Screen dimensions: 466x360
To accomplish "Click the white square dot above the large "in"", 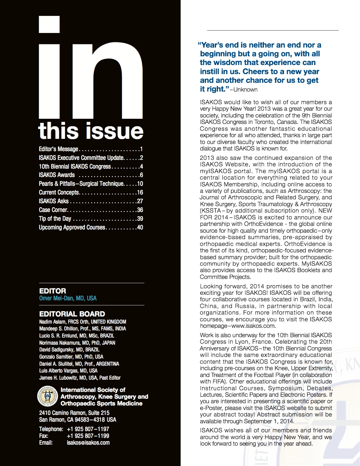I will point(49,25).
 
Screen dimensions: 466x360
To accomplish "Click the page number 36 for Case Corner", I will point(140,210).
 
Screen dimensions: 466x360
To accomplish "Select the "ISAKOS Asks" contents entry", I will point(54,201).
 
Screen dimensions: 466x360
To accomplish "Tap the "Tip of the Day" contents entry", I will point(55,218).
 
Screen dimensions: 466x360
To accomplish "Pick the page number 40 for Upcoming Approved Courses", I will point(140,227).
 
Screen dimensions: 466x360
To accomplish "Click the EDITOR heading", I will point(52,291).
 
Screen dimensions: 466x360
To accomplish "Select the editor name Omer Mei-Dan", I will point(68,298).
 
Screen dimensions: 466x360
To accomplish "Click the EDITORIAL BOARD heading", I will point(72,314).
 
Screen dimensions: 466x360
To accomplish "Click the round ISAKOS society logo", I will point(48,396).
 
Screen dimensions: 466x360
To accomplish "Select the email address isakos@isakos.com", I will point(88,443).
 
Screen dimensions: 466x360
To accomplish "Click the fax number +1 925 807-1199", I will point(88,436).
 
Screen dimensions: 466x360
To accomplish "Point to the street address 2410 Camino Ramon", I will point(62,413).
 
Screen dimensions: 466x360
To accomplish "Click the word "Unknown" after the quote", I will point(245,90).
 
